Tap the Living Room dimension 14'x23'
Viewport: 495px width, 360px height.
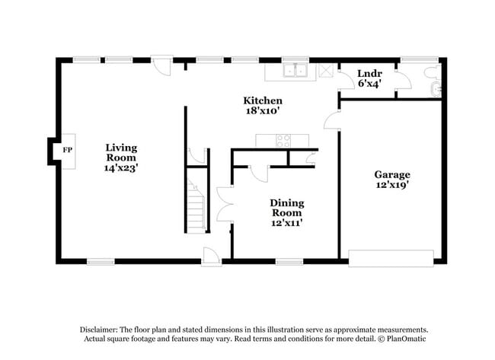(x=121, y=168)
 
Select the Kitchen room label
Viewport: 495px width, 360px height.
(x=263, y=100)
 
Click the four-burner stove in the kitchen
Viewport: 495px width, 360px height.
(x=283, y=140)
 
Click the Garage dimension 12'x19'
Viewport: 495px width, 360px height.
(x=391, y=186)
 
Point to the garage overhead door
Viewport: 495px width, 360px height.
(x=391, y=257)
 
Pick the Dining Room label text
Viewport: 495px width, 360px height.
(x=286, y=208)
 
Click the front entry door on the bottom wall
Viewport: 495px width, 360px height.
(x=211, y=258)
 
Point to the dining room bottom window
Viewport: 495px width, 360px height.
(x=289, y=262)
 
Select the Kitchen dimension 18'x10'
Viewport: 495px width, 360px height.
(x=263, y=111)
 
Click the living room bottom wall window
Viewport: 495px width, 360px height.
(x=101, y=262)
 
